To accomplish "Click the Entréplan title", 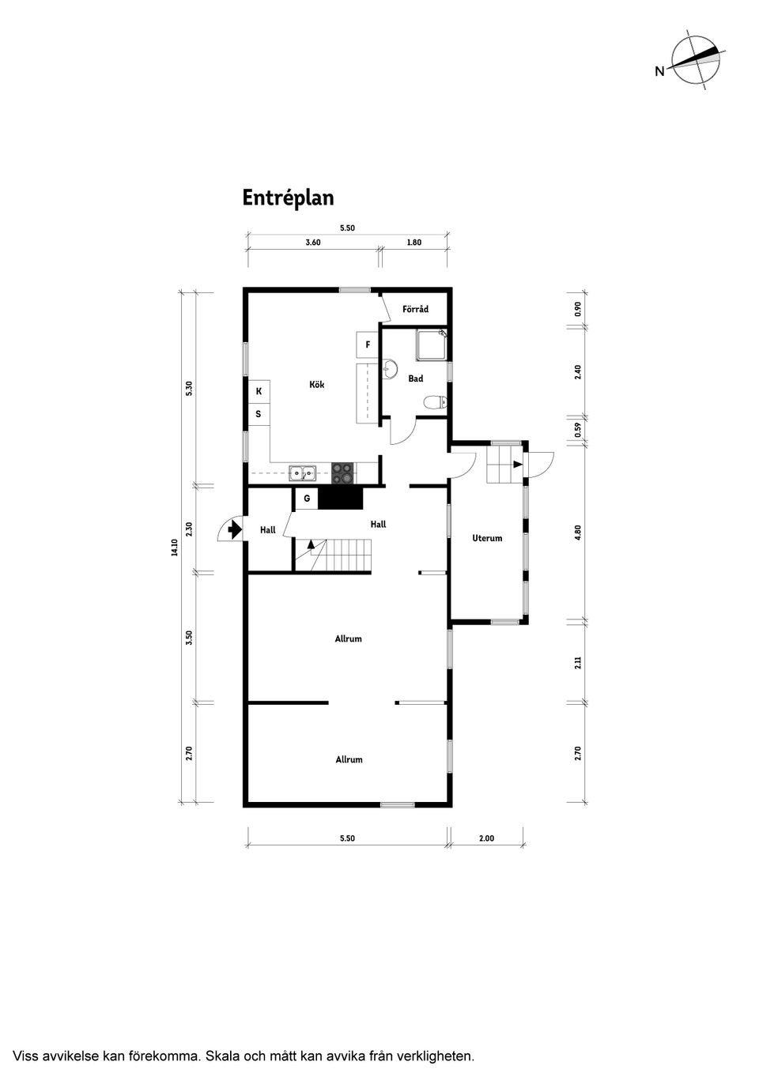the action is (x=288, y=198).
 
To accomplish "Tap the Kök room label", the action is (x=317, y=384).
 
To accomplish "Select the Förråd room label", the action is (x=415, y=309).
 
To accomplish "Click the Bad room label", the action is (x=415, y=378).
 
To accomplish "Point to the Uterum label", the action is (x=487, y=538).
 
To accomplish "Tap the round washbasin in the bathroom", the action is (x=390, y=369).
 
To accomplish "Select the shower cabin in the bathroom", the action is (x=431, y=344).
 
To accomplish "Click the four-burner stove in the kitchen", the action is (x=342, y=472).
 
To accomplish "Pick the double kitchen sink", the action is (x=302, y=473).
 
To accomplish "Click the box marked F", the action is (x=368, y=344).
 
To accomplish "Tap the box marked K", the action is (x=259, y=391).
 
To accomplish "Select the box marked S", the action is (x=259, y=414).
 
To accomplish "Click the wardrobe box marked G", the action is (x=307, y=499).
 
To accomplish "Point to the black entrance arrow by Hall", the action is (x=235, y=529).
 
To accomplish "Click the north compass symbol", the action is (x=696, y=62).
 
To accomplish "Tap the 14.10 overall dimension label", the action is (x=175, y=547).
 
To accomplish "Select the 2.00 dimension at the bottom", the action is (x=486, y=838).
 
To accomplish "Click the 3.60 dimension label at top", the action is (x=313, y=243).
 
